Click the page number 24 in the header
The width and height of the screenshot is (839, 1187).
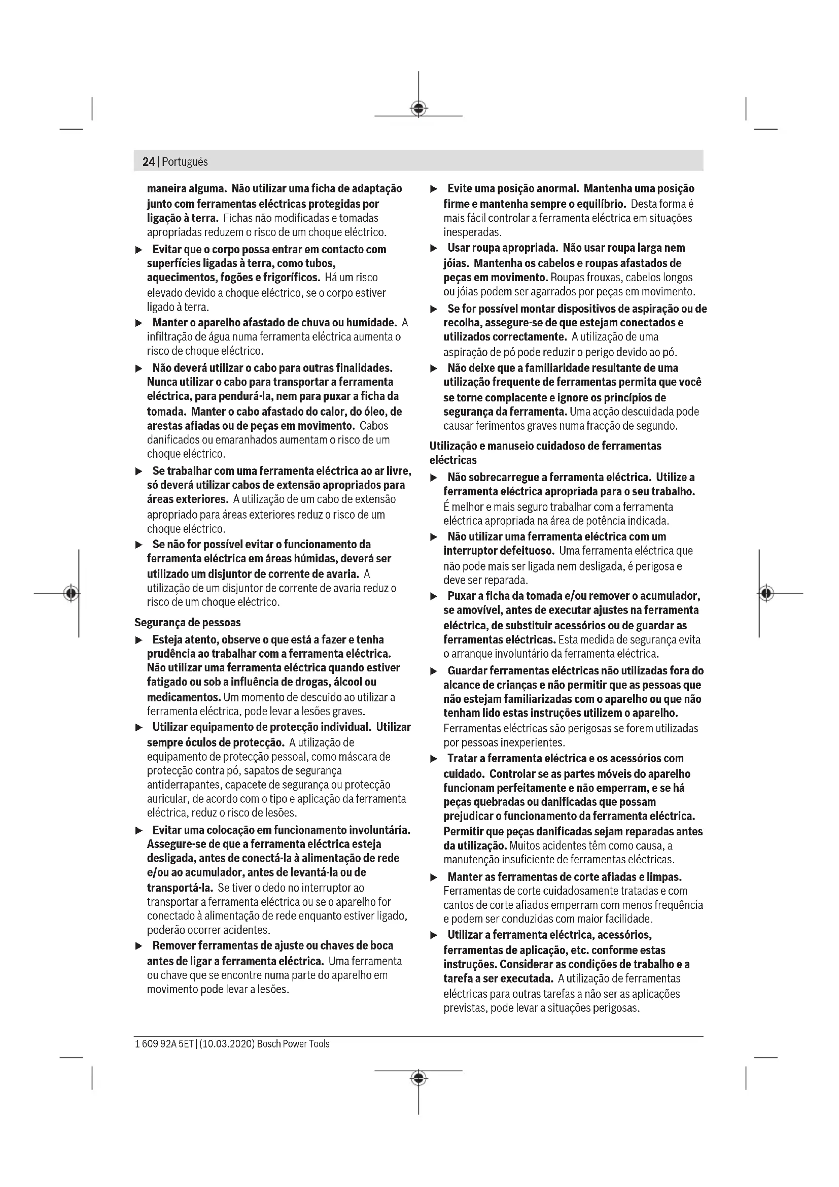pos(148,162)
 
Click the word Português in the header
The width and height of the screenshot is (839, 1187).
pos(185,162)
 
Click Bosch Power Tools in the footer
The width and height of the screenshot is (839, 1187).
pos(293,1044)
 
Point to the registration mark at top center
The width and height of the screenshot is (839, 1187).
pos(418,108)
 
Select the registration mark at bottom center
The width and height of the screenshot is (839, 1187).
pos(418,1078)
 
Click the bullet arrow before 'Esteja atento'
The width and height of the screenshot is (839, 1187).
pos(138,640)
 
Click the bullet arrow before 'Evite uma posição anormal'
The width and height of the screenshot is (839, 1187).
pos(434,189)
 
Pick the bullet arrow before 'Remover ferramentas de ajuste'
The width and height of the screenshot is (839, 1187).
pos(138,946)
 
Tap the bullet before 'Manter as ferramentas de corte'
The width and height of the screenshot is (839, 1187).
pos(434,877)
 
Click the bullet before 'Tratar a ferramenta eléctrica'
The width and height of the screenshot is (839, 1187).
pos(434,759)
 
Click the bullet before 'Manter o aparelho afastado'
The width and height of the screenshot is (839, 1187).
pos(138,323)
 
